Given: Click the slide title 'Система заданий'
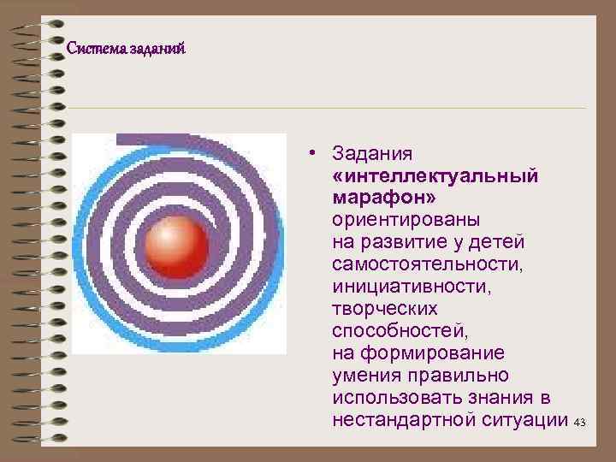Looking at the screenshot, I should [126, 49].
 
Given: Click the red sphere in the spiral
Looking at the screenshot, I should [175, 244].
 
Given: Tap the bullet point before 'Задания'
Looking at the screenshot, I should [315, 153].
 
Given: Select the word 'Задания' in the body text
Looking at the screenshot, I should [373, 154].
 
